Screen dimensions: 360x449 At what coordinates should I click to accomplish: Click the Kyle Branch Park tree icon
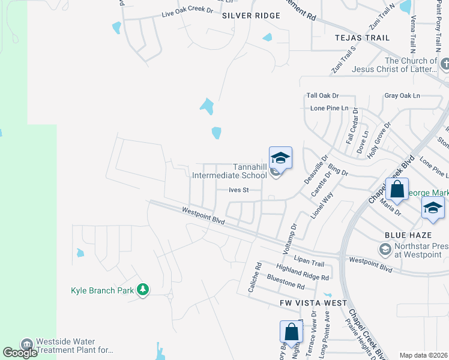point(143,290)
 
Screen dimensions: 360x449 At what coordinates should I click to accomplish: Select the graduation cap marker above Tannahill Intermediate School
point(280,158)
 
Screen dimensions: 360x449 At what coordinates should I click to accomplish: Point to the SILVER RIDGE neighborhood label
point(251,16)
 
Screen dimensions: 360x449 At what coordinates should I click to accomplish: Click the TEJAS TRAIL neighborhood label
point(362,38)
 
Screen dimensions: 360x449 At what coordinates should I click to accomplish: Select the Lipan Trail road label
point(309,263)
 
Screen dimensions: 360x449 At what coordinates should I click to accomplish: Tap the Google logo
point(20,353)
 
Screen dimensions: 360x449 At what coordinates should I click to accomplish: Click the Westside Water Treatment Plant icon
point(27,345)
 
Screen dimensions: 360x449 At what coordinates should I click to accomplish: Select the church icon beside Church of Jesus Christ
point(445,64)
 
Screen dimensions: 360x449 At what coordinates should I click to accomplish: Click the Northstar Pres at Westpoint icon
point(384,248)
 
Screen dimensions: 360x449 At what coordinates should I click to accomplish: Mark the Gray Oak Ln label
point(402,95)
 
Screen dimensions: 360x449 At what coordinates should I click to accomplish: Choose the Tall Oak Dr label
point(322,95)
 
